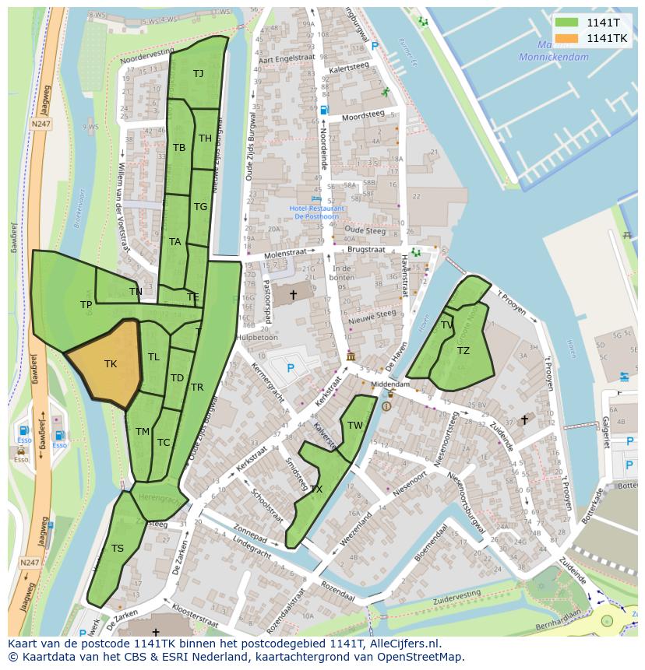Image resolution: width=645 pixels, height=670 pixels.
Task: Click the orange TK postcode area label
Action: pyautogui.click(x=111, y=363)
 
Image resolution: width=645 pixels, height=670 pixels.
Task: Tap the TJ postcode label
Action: pyautogui.click(x=199, y=73)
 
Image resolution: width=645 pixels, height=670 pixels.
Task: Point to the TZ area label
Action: pyautogui.click(x=463, y=351)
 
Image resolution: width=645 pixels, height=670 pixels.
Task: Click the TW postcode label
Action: pyautogui.click(x=355, y=425)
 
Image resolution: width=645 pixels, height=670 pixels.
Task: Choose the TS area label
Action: pyautogui.click(x=117, y=548)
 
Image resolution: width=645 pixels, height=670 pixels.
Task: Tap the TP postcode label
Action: pyautogui.click(x=86, y=305)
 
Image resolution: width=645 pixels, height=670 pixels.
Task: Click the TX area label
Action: pyautogui.click(x=316, y=489)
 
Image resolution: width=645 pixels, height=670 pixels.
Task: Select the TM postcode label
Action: pyautogui.click(x=142, y=431)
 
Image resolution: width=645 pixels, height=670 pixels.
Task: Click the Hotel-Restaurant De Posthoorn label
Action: pyautogui.click(x=318, y=212)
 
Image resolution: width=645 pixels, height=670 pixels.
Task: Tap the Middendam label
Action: pyautogui.click(x=390, y=384)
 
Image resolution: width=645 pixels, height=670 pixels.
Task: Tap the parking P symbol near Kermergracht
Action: pyautogui.click(x=291, y=367)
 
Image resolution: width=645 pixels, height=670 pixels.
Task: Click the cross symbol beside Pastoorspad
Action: pyautogui.click(x=293, y=295)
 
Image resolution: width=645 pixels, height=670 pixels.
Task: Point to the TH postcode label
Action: pyautogui.click(x=205, y=139)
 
